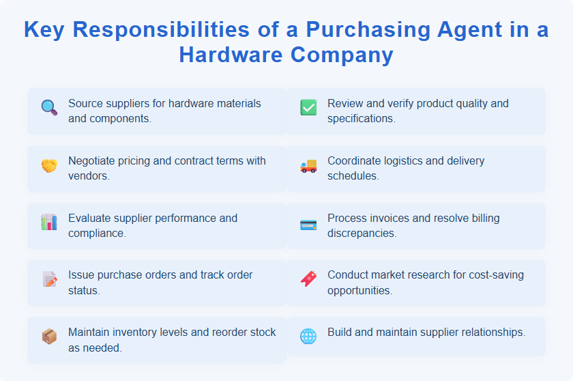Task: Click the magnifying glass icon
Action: pyautogui.click(x=49, y=107)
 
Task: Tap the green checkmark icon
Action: pyautogui.click(x=308, y=107)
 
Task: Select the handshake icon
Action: pyautogui.click(x=49, y=165)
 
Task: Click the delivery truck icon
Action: pyautogui.click(x=308, y=165)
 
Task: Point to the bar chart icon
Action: pyautogui.click(x=49, y=222)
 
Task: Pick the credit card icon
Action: pyautogui.click(x=308, y=225)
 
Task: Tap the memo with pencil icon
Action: pyautogui.click(x=49, y=279)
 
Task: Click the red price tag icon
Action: pyautogui.click(x=308, y=279)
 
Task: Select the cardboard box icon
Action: pyautogui.click(x=49, y=336)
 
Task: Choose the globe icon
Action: pyautogui.click(x=308, y=336)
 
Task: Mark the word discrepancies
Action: pyautogui.click(x=362, y=233)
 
